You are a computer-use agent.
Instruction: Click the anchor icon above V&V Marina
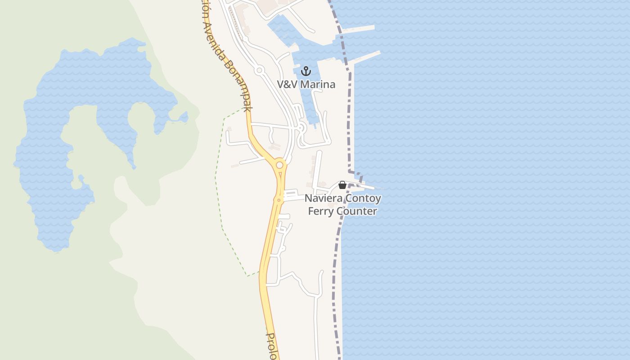point(306,71)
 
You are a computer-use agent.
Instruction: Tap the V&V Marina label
point(306,84)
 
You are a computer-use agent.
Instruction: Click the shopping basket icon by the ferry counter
point(342,185)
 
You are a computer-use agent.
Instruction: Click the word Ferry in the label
point(320,211)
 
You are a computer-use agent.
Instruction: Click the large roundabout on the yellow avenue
point(279,165)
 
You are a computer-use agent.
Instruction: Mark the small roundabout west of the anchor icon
point(259,70)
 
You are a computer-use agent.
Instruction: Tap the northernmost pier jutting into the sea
point(358,29)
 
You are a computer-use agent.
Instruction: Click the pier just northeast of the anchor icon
point(364,58)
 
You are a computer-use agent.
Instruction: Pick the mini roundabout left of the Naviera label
point(279,200)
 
